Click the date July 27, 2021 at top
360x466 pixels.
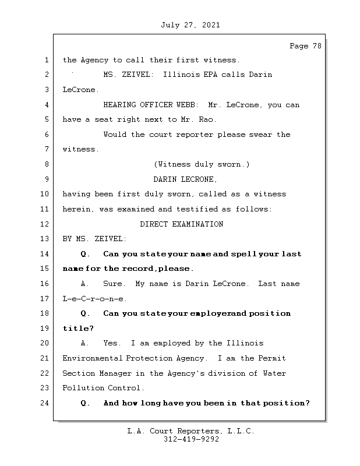click(190, 25)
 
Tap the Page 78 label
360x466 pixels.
click(305, 46)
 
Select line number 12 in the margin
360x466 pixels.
click(45, 224)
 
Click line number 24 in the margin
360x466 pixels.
click(45, 403)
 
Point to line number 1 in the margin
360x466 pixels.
click(45, 60)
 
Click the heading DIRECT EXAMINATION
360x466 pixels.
click(181, 224)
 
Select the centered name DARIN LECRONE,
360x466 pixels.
click(185, 179)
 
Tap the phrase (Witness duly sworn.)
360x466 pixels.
click(202, 164)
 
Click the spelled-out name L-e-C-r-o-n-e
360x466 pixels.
click(94, 299)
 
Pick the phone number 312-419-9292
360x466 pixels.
click(190, 440)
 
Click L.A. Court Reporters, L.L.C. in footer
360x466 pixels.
click(190, 431)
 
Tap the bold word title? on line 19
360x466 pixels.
click(77, 329)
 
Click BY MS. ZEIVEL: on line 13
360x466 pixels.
click(94, 239)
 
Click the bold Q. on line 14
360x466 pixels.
click(86, 254)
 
